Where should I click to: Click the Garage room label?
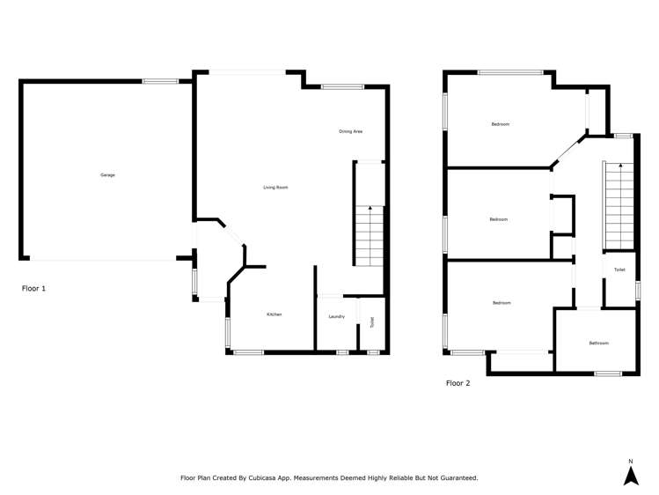point(107,175)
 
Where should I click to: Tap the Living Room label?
point(276,188)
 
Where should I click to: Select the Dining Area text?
point(351,131)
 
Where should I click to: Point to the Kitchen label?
point(275,314)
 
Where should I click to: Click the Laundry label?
point(336,316)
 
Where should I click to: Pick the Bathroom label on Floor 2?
point(599,343)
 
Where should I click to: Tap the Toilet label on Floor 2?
point(619,270)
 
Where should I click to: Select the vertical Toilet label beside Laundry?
point(372,322)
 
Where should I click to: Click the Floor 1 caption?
point(33,288)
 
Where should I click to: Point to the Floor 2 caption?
point(458,383)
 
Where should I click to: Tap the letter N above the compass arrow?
point(630,462)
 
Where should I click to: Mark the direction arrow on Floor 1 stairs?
point(370,210)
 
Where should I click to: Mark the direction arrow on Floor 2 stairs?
point(619,166)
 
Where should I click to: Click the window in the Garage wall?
point(160,82)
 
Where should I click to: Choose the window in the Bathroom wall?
point(608,373)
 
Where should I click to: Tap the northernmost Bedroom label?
point(500,124)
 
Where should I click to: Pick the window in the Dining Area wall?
point(342,86)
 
